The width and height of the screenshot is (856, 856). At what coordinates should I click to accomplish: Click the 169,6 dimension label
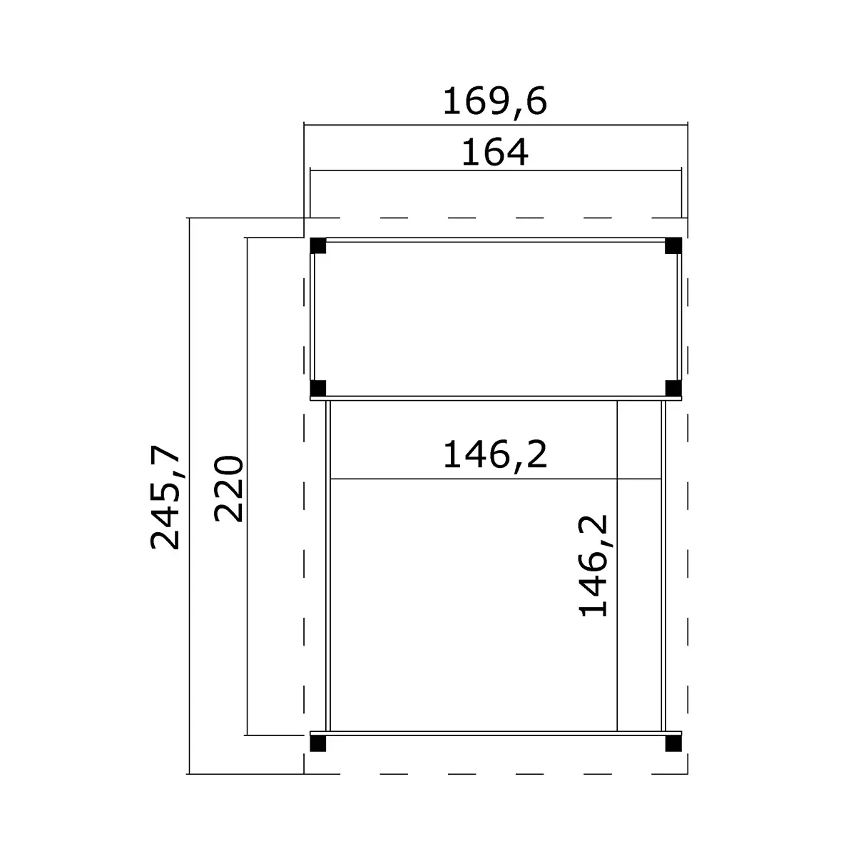(x=495, y=102)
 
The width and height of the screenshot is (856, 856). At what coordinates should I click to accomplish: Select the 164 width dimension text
(x=495, y=153)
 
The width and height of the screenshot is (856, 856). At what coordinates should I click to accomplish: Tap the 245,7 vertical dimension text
(x=165, y=498)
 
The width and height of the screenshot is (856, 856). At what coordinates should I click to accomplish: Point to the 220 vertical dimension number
(x=228, y=489)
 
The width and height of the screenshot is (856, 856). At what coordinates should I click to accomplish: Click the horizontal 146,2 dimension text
(x=495, y=455)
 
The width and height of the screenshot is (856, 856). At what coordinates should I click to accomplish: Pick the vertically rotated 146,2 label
(x=593, y=566)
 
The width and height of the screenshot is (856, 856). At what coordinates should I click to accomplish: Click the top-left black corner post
(x=318, y=245)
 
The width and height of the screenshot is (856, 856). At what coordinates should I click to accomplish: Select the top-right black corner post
(x=673, y=245)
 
